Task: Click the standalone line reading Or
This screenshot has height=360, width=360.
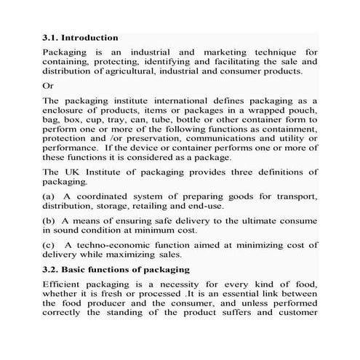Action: point(48,85)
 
